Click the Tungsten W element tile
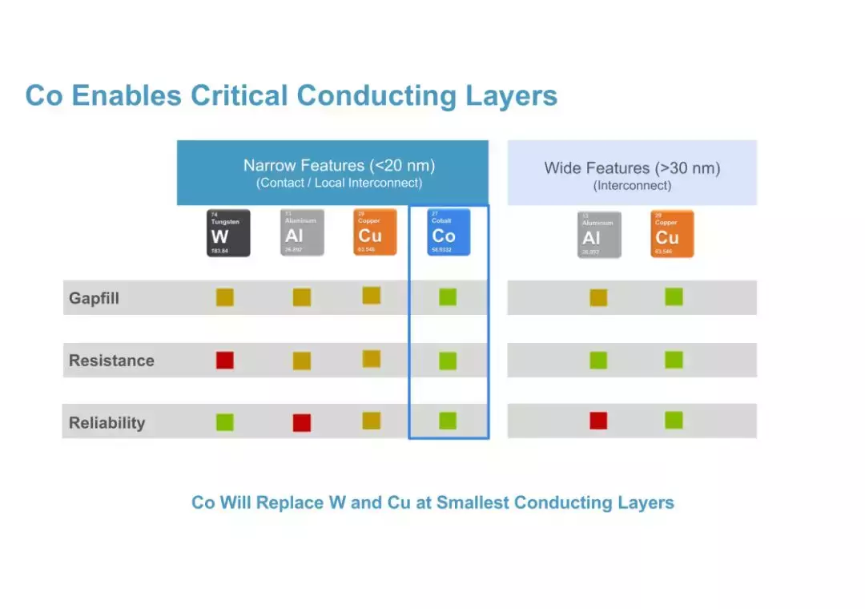(228, 233)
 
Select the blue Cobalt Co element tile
(449, 232)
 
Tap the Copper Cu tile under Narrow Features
(375, 232)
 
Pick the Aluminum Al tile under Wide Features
(599, 235)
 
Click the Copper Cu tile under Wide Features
(672, 234)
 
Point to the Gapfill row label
(94, 298)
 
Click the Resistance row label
(111, 361)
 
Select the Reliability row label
(107, 422)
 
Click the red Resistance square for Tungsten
(225, 360)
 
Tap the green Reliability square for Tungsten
(225, 421)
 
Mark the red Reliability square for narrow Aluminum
(301, 422)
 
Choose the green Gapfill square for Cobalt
(448, 297)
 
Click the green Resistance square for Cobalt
(448, 361)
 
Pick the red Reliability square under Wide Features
(598, 421)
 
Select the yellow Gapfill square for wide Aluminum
(598, 298)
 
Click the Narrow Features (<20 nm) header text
(339, 166)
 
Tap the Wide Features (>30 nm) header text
(632, 168)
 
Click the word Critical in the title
(239, 96)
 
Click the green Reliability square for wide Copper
(674, 420)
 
